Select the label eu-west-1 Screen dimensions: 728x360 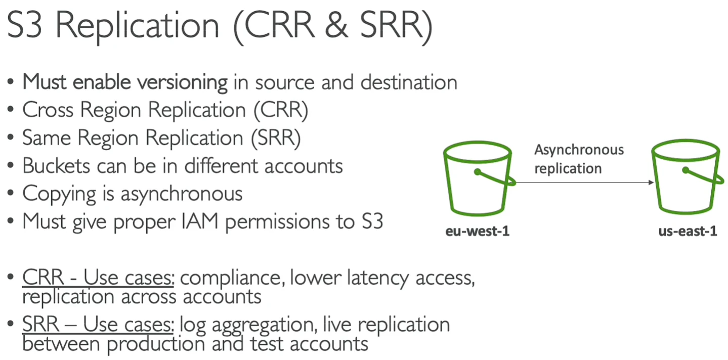[477, 231]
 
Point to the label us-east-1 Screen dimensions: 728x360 [688, 231]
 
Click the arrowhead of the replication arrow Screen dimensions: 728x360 [651, 183]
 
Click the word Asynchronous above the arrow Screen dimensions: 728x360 [579, 150]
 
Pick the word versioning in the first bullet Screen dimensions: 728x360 [182, 82]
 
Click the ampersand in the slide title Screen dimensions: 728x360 [336, 25]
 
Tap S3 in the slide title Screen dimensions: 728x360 [24, 25]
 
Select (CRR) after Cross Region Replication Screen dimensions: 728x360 [281, 110]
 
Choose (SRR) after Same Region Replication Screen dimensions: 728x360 [276, 138]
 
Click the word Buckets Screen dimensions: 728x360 [56, 166]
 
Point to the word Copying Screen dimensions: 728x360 [59, 194]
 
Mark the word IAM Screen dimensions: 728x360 [200, 221]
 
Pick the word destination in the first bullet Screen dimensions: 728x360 [409, 82]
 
